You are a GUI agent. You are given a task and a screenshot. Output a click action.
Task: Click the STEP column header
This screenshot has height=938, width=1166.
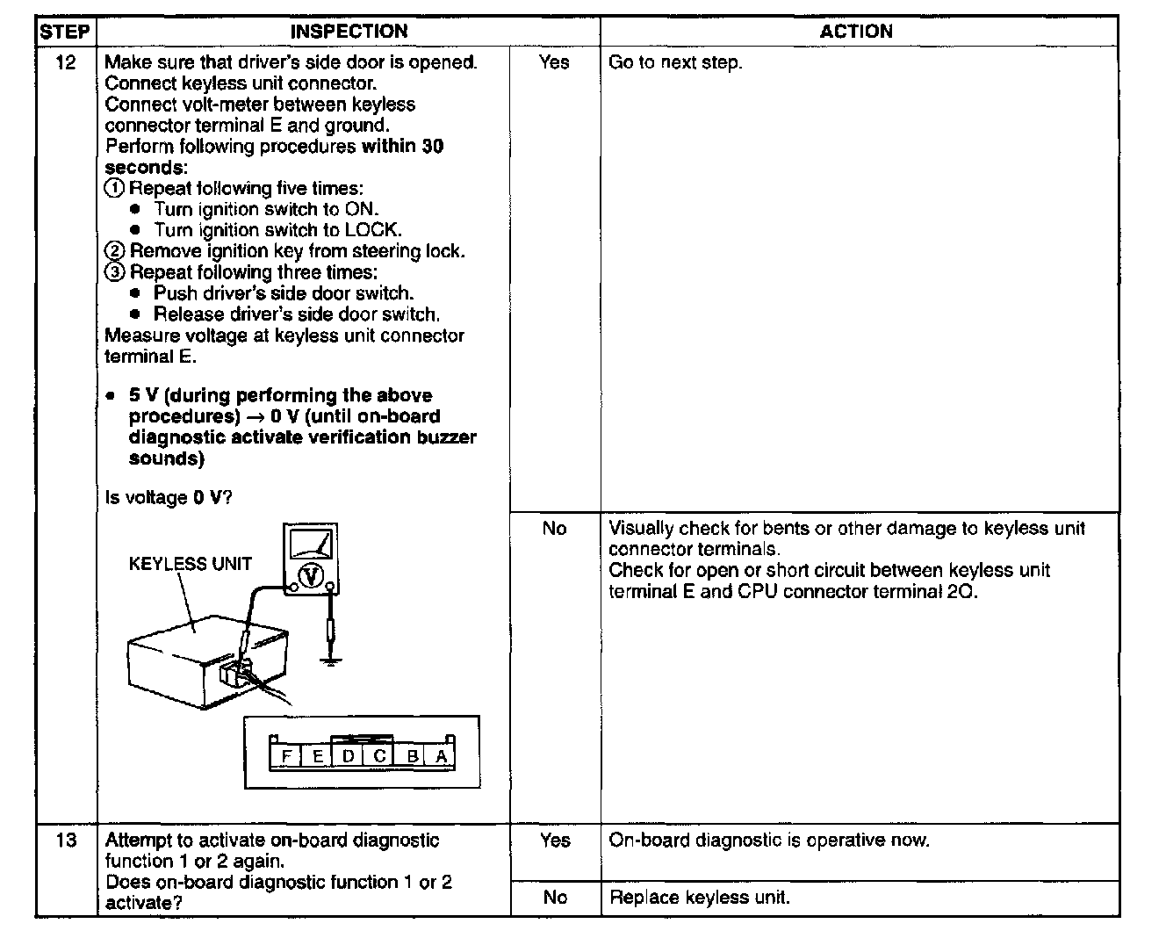(x=65, y=32)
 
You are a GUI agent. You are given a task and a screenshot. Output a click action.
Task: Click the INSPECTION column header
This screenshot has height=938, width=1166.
(x=349, y=32)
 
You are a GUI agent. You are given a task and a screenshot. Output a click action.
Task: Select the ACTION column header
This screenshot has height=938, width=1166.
(x=856, y=32)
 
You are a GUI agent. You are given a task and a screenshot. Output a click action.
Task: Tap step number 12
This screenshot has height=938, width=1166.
(x=65, y=62)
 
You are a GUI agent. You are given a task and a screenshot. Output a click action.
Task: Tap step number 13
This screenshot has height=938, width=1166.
(x=66, y=841)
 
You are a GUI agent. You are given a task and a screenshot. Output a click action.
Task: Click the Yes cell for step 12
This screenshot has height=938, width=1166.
(x=554, y=62)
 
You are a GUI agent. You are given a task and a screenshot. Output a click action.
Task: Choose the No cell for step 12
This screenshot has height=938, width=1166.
(x=554, y=529)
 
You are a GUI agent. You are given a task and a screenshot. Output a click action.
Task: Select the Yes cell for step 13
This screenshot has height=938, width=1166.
(x=555, y=841)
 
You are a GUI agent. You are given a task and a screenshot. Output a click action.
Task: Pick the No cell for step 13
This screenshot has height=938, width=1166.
(x=555, y=898)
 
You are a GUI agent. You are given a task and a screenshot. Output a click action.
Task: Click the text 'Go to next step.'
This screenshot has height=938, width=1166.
(x=675, y=62)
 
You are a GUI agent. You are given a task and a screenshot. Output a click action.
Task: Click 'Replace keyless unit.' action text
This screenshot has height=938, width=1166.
(x=700, y=898)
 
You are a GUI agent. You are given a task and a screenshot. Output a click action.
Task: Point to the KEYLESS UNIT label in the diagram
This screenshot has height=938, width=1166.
(x=190, y=565)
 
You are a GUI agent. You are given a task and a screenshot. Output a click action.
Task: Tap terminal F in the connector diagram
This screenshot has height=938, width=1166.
(x=286, y=756)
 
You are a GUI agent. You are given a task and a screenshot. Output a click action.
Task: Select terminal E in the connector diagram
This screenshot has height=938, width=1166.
(x=317, y=756)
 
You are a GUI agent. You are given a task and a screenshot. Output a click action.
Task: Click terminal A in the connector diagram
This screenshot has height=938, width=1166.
(x=441, y=756)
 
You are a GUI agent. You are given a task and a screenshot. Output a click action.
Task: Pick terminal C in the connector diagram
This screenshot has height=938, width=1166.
(x=379, y=756)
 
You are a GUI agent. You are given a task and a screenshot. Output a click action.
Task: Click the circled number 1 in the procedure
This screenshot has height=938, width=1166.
(x=115, y=189)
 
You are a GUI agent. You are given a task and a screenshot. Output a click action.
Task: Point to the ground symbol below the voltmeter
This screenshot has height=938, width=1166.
(x=331, y=656)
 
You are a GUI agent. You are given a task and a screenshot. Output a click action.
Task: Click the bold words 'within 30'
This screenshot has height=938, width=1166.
(x=402, y=147)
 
